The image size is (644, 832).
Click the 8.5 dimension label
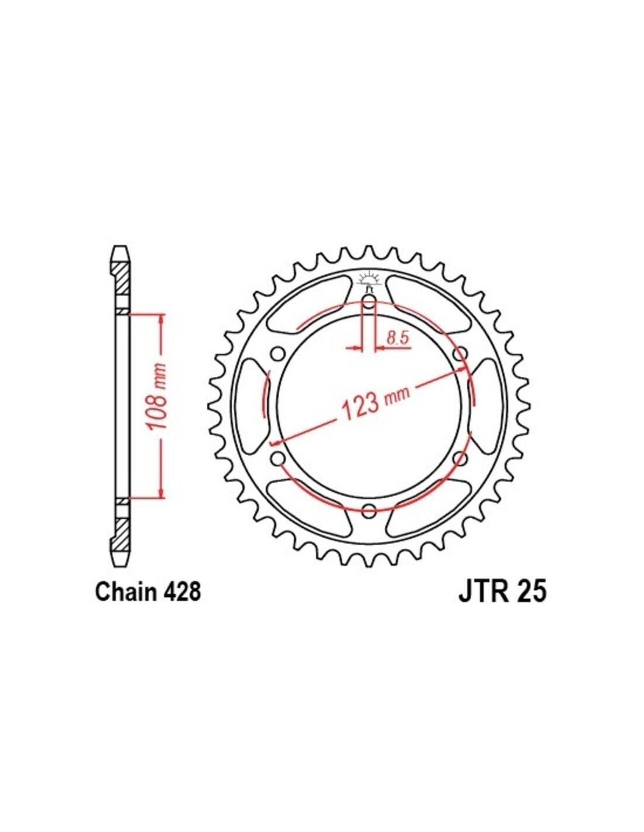(394, 338)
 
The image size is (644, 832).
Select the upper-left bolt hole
(278, 353)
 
